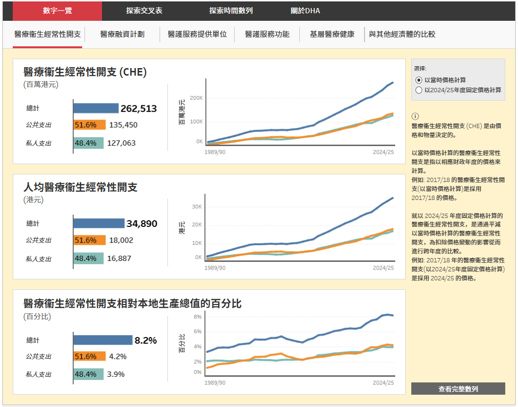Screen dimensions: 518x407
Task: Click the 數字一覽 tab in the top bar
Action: [57, 10]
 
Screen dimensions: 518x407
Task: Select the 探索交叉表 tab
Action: [144, 10]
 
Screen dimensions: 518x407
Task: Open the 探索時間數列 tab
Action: [231, 10]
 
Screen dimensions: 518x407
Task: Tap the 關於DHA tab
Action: [305, 10]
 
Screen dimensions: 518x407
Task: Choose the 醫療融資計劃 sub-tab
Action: [122, 34]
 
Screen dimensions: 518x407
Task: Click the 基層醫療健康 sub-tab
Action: [332, 34]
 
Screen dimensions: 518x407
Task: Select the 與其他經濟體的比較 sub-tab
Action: [402, 34]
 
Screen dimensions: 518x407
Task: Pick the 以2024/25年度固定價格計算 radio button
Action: [418, 90]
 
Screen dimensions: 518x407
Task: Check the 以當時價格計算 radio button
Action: [418, 80]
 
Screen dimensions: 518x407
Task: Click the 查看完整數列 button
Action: [458, 389]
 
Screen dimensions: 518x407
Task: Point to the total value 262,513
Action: [139, 108]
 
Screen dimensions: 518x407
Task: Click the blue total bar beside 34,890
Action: [99, 224]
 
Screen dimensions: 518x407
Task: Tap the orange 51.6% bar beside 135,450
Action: [90, 125]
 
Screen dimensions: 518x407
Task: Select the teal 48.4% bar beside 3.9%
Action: [88, 374]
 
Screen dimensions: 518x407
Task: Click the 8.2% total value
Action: [146, 340]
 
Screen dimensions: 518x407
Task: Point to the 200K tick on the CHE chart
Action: [196, 98]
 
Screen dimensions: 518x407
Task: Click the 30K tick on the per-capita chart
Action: [197, 207]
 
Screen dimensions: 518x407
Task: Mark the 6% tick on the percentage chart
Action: [197, 332]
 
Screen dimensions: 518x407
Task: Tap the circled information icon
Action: [415, 116]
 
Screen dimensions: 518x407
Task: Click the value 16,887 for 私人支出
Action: [119, 258]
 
